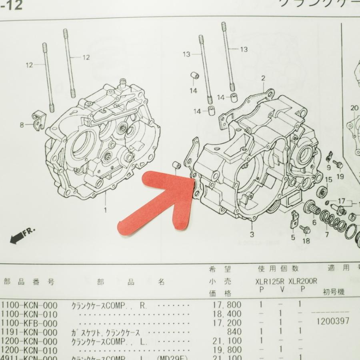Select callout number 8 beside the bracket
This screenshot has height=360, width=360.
pos(22,125)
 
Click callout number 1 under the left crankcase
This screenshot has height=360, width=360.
pos(106,210)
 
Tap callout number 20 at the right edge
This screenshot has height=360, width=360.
pos(353,108)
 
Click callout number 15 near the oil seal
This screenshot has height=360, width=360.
pos(328,180)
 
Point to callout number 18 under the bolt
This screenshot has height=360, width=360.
pos(306,240)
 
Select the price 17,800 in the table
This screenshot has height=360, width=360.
pos(227,305)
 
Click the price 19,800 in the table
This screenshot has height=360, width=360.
pos(227,350)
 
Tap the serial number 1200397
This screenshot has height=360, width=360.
pos(333,321)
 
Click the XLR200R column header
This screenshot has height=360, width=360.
pos(302,281)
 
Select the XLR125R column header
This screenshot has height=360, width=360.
pos(270,281)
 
